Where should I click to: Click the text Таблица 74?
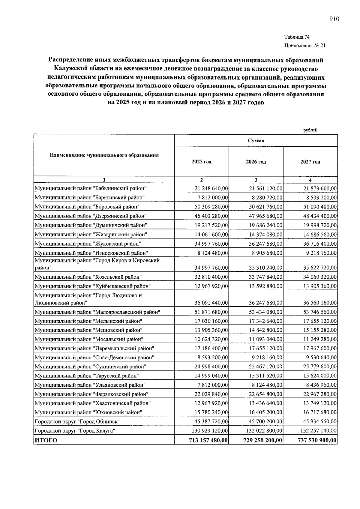tap(297, 37)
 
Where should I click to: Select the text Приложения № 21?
tap(304, 46)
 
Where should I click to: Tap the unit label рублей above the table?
tap(310, 130)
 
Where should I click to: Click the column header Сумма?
tap(256, 141)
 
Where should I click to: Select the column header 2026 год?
tap(256, 162)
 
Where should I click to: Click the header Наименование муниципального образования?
tap(104, 155)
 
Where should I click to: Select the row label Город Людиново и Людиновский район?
tap(88, 299)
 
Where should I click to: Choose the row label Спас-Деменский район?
tap(94, 358)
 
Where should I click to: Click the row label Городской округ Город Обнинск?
tap(77, 422)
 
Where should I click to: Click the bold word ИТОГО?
tap(46, 440)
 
